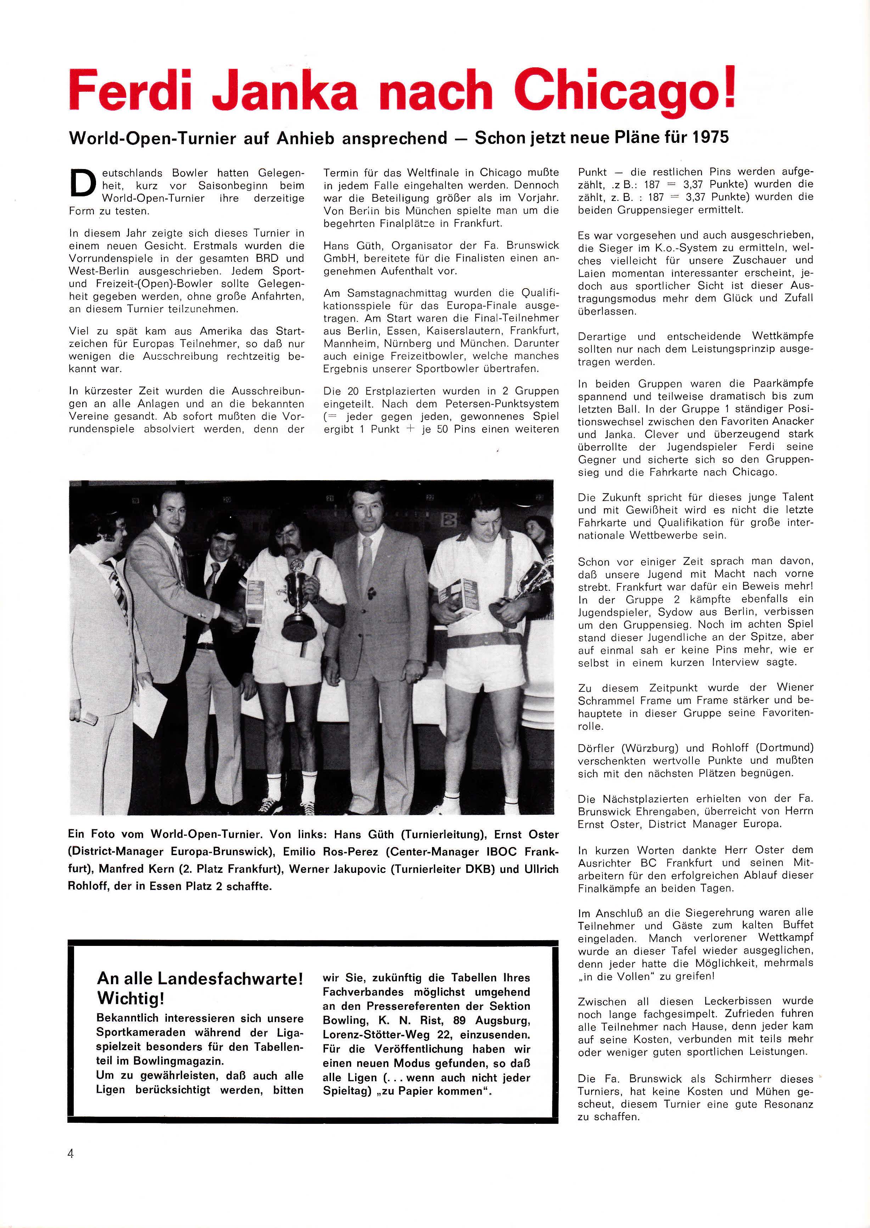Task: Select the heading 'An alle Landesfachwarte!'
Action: (200, 979)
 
